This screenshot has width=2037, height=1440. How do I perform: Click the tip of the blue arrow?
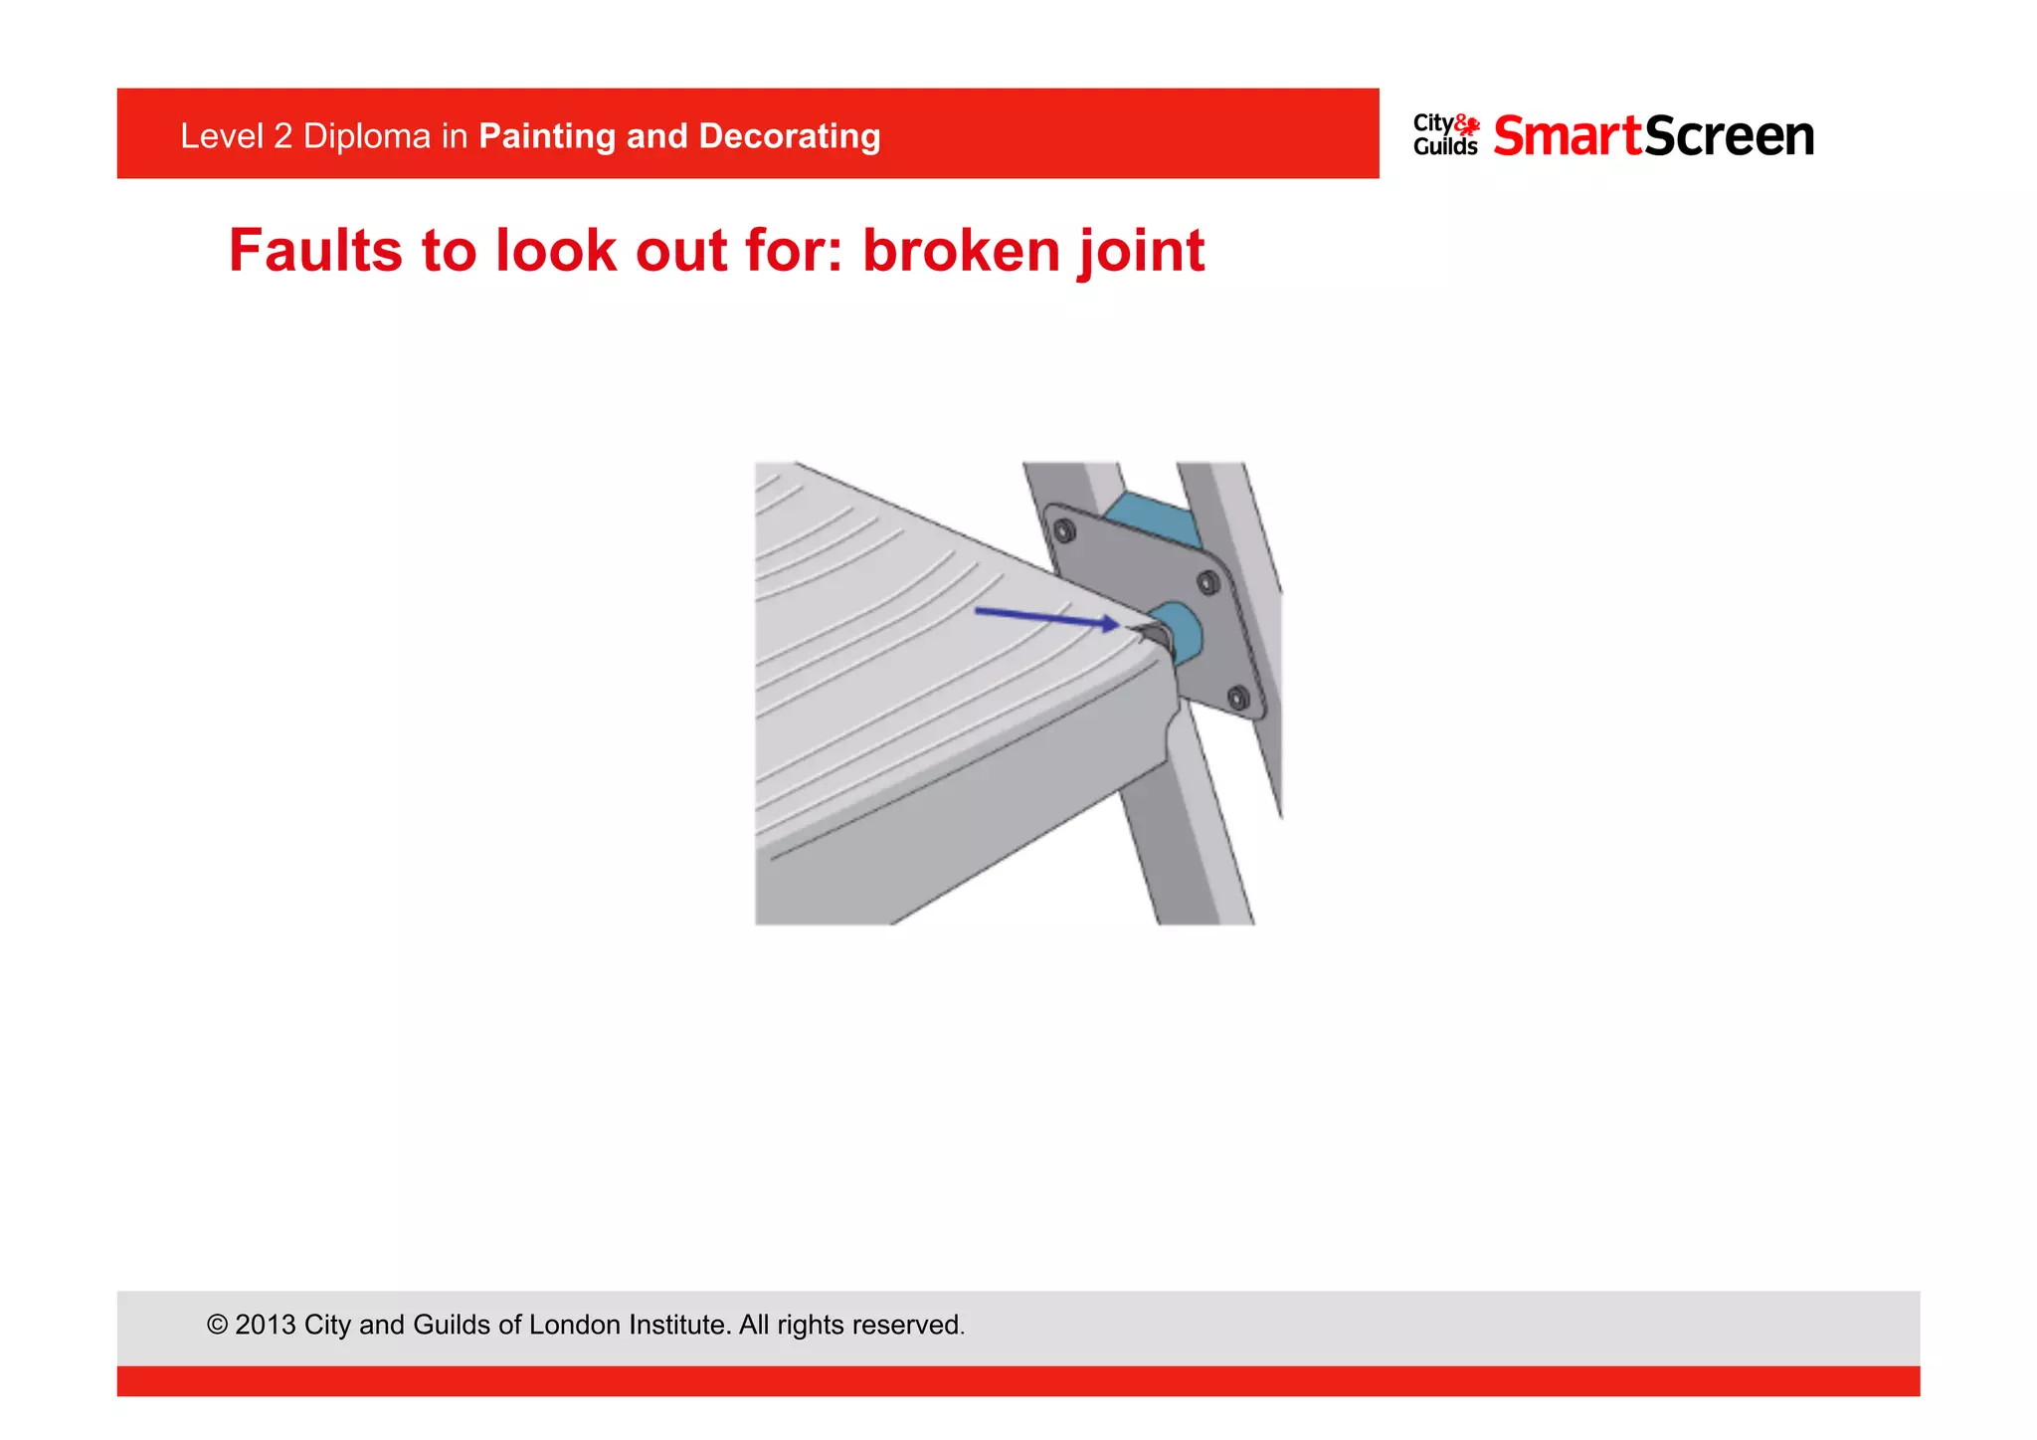pyautogui.click(x=1117, y=624)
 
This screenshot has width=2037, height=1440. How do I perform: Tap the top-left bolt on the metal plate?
pyautogui.click(x=1064, y=532)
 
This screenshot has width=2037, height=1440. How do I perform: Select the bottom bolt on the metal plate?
pyautogui.click(x=1237, y=698)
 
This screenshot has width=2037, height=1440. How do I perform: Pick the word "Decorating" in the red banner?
pyautogui.click(x=790, y=135)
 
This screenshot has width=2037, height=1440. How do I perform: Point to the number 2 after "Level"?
pyautogui.click(x=281, y=135)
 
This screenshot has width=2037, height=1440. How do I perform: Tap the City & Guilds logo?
pyautogui.click(x=1446, y=135)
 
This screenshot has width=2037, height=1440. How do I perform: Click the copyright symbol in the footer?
pyautogui.click(x=217, y=1325)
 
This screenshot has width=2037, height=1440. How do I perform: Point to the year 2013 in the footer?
pyautogui.click(x=265, y=1325)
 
